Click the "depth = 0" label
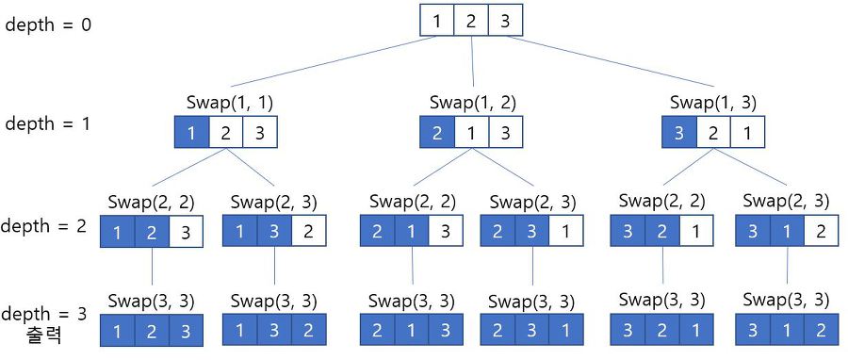click(49, 25)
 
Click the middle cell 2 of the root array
click(470, 21)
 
